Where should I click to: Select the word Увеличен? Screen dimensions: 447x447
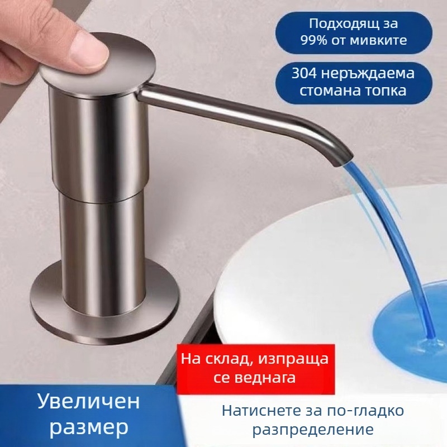(x=89, y=401)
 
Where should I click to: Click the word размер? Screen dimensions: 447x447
(x=89, y=427)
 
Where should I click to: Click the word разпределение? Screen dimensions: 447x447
(x=313, y=430)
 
